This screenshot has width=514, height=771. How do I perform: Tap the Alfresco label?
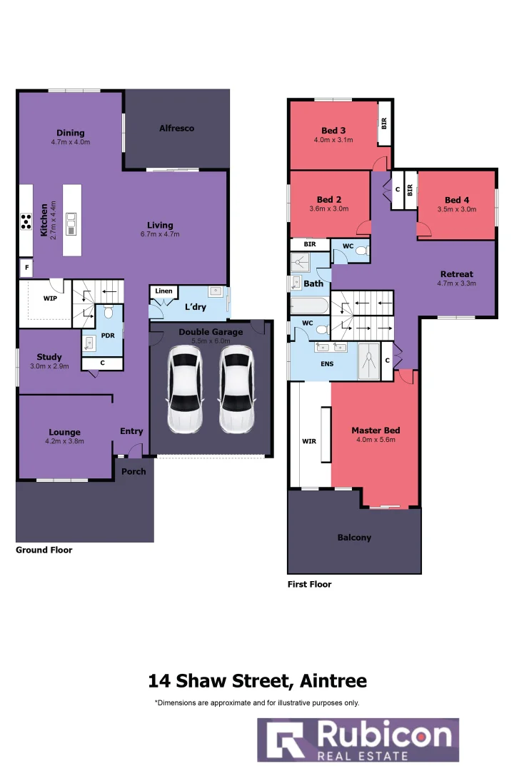pyautogui.click(x=176, y=128)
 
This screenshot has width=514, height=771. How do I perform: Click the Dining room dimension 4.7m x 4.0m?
pyautogui.click(x=70, y=142)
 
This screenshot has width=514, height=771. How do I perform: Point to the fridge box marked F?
pyautogui.click(x=26, y=268)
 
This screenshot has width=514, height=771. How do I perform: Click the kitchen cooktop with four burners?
pyautogui.click(x=26, y=222)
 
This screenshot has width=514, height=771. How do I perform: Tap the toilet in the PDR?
pyautogui.click(x=109, y=313)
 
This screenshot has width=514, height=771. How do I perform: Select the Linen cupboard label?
pyautogui.click(x=163, y=291)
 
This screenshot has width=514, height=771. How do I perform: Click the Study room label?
pyautogui.click(x=49, y=357)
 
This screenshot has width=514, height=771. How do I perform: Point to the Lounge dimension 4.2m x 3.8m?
pyautogui.click(x=66, y=441)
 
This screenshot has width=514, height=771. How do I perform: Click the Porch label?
pyautogui.click(x=133, y=471)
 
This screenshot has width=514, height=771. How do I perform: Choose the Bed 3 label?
pyautogui.click(x=333, y=131)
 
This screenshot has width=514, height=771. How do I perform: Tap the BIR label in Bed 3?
pyautogui.click(x=384, y=124)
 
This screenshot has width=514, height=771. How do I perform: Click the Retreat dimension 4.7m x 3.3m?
pyautogui.click(x=456, y=283)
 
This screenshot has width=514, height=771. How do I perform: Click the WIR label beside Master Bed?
pyautogui.click(x=309, y=441)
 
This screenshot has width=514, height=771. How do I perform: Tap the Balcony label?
pyautogui.click(x=354, y=538)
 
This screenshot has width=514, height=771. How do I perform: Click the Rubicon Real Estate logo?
pyautogui.click(x=358, y=740)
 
